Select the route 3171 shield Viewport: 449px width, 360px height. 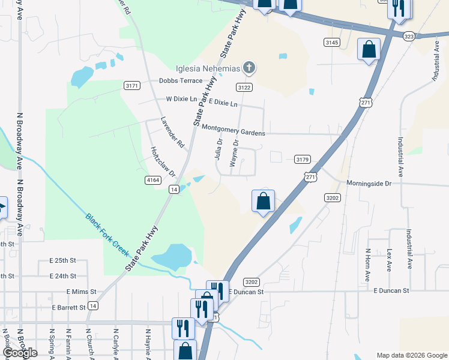(132, 86)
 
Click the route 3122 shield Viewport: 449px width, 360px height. (244, 88)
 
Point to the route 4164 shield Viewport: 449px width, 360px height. (152, 179)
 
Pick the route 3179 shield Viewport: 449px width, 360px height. (303, 159)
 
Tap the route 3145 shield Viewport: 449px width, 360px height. (331, 42)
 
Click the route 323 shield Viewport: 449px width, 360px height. (409, 37)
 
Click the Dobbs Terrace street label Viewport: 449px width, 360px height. (181, 80)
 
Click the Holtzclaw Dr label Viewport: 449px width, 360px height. (162, 162)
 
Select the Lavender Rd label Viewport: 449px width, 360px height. (172, 132)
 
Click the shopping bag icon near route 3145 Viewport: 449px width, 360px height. (369, 50)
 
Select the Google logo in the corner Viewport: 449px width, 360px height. (20, 353)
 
